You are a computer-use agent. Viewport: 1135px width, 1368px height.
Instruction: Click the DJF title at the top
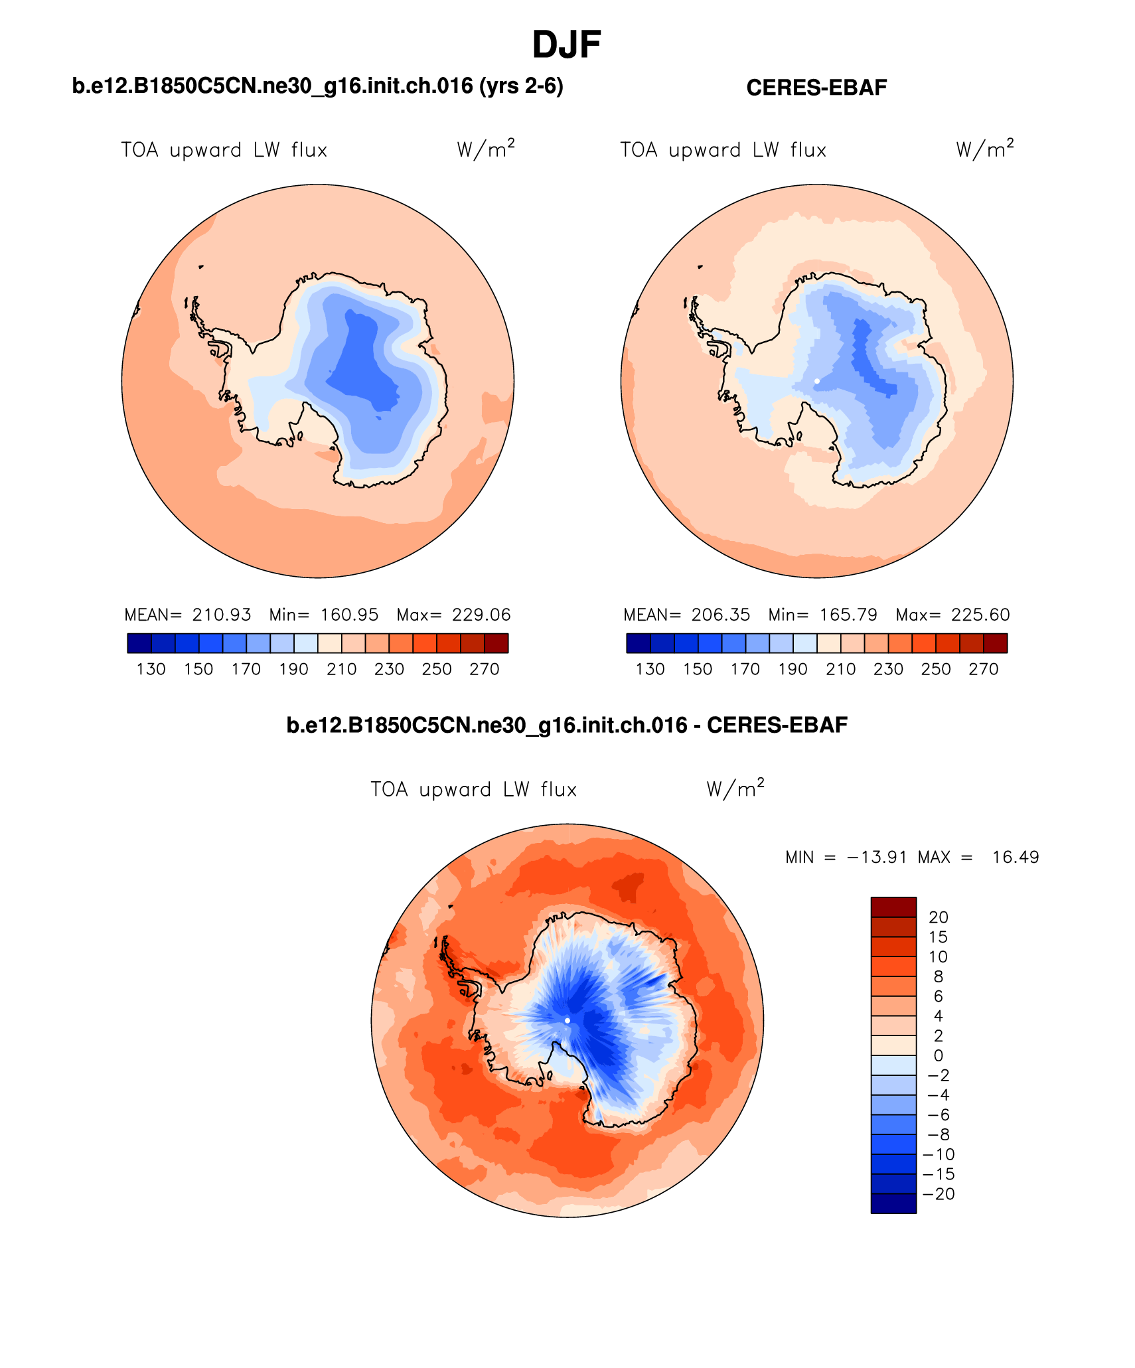pyautogui.click(x=566, y=45)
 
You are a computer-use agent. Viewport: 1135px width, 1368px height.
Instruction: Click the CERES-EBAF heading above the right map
pyautogui.click(x=816, y=88)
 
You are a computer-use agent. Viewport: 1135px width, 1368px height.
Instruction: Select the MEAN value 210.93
pyautogui.click(x=222, y=615)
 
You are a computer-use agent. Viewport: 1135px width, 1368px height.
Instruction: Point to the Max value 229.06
pyautogui.click(x=481, y=615)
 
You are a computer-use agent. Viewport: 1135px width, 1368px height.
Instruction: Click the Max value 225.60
pyautogui.click(x=980, y=615)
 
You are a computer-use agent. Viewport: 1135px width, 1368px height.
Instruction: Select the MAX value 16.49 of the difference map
pyautogui.click(x=1015, y=857)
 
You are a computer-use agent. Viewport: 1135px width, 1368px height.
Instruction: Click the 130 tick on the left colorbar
pyautogui.click(x=151, y=669)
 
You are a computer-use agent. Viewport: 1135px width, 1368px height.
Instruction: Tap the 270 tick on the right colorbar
pyautogui.click(x=983, y=669)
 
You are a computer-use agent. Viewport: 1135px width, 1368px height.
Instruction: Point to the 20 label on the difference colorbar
pyautogui.click(x=938, y=917)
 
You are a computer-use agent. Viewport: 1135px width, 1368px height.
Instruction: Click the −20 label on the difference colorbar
pyautogui.click(x=938, y=1194)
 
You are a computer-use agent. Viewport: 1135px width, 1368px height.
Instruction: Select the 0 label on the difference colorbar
pyautogui.click(x=938, y=1055)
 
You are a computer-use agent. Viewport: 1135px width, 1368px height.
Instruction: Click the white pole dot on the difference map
pyautogui.click(x=567, y=1020)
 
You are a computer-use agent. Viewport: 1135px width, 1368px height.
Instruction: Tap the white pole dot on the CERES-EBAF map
pyautogui.click(x=816, y=381)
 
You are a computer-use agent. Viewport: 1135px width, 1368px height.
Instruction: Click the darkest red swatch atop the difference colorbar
pyautogui.click(x=893, y=907)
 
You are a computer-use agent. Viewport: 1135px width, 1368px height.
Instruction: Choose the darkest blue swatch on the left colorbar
pyautogui.click(x=139, y=643)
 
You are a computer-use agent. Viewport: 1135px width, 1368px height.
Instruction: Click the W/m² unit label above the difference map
pyautogui.click(x=735, y=789)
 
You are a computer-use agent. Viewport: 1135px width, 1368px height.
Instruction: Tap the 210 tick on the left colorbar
pyautogui.click(x=341, y=669)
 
